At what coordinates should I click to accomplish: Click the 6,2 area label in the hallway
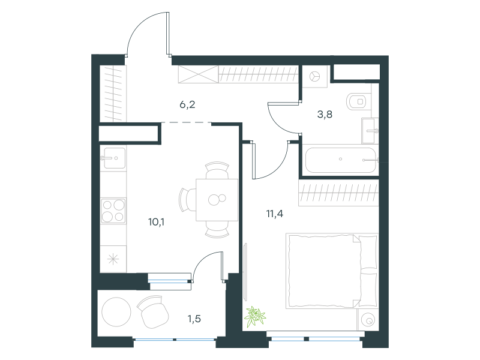(x=187, y=104)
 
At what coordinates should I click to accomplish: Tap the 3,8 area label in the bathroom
(x=325, y=115)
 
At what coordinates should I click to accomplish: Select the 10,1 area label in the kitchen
(x=156, y=222)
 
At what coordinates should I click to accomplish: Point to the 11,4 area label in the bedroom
(x=275, y=214)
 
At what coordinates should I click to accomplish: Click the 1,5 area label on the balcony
(x=194, y=319)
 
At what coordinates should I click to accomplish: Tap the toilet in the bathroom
(x=357, y=101)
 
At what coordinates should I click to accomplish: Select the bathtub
(x=340, y=160)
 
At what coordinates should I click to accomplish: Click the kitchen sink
(x=114, y=158)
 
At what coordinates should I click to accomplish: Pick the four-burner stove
(x=113, y=211)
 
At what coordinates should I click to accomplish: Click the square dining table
(x=217, y=200)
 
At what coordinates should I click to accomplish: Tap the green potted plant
(x=254, y=316)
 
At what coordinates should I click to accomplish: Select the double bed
(x=332, y=271)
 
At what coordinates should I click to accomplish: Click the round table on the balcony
(x=116, y=312)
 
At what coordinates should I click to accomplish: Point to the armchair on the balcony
(x=152, y=311)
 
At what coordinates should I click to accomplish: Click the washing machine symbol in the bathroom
(x=314, y=76)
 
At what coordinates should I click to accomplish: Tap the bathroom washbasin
(x=370, y=131)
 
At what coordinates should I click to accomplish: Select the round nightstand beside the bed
(x=368, y=320)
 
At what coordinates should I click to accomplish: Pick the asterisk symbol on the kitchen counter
(x=113, y=260)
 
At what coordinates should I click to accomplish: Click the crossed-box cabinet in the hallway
(x=199, y=74)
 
